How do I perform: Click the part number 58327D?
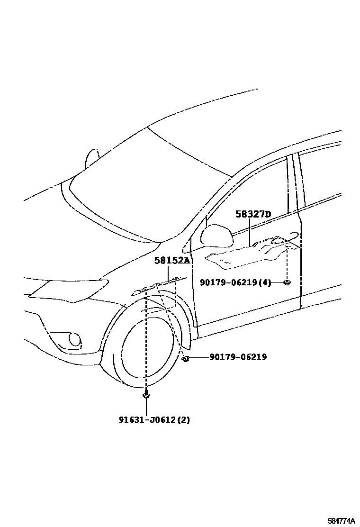253,215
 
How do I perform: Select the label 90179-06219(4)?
235,282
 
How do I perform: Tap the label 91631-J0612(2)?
154,419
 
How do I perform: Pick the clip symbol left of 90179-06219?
186,359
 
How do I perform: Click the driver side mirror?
216,236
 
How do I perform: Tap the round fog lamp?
74,339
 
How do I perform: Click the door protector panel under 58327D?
251,254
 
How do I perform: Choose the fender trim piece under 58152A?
159,286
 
